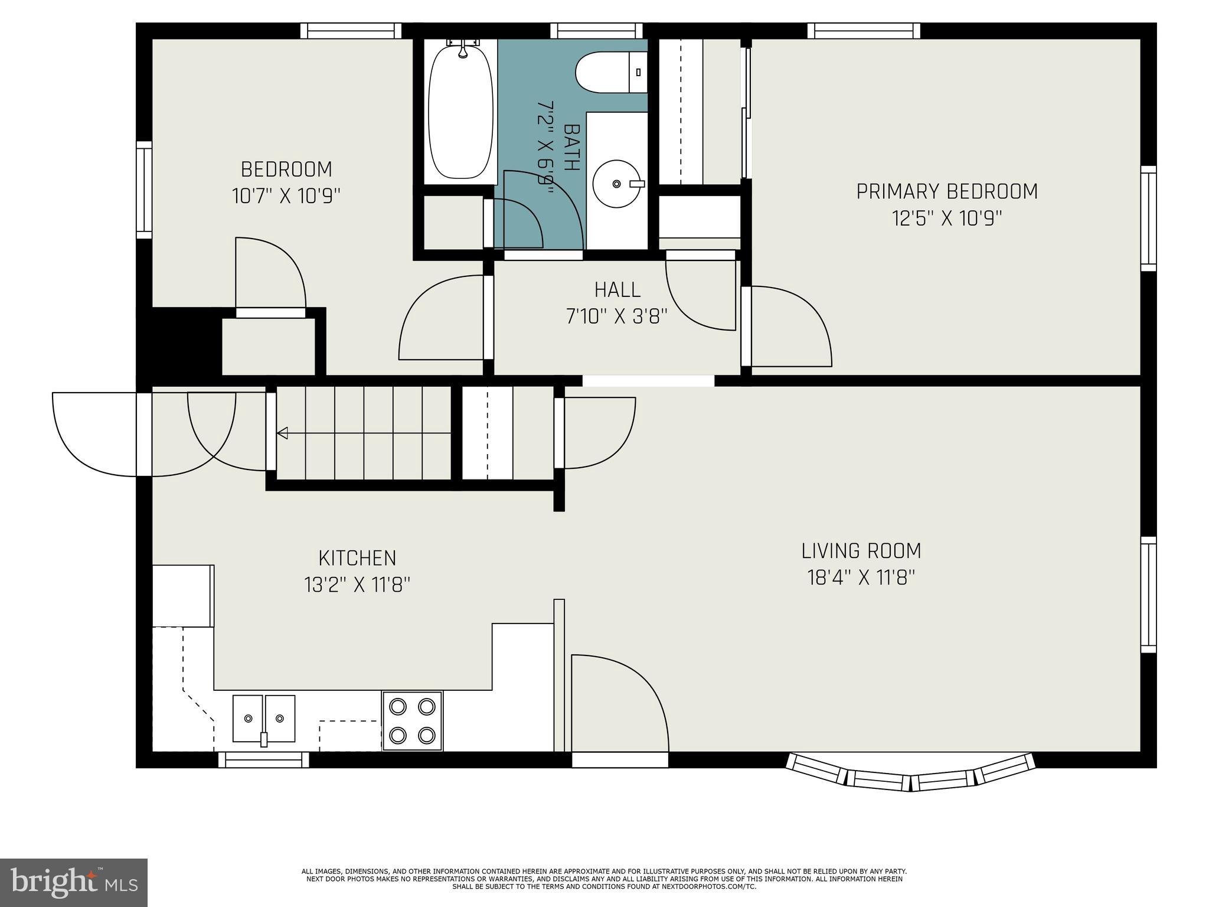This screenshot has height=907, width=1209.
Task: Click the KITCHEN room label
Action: (x=357, y=558)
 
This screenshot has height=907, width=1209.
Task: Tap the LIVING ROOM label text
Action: (x=861, y=551)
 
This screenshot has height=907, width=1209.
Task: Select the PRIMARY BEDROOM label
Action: (x=946, y=191)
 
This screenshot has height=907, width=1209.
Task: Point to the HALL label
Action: (x=617, y=290)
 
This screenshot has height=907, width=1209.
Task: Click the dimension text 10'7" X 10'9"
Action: (x=286, y=196)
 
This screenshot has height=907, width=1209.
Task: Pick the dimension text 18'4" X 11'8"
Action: (x=861, y=578)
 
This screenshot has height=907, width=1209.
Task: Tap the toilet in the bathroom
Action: (x=608, y=73)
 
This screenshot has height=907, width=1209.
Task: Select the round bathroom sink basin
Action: (x=617, y=184)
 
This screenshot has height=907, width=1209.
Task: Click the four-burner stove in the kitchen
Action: (x=412, y=721)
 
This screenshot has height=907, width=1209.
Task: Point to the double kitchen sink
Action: (x=264, y=719)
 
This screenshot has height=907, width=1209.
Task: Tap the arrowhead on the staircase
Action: (x=282, y=433)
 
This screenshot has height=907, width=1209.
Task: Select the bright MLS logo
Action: (x=73, y=882)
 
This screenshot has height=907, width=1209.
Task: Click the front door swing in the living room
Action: (x=620, y=703)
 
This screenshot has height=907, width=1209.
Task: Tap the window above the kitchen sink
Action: (x=263, y=760)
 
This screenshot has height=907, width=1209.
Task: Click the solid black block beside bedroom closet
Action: (x=178, y=341)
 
